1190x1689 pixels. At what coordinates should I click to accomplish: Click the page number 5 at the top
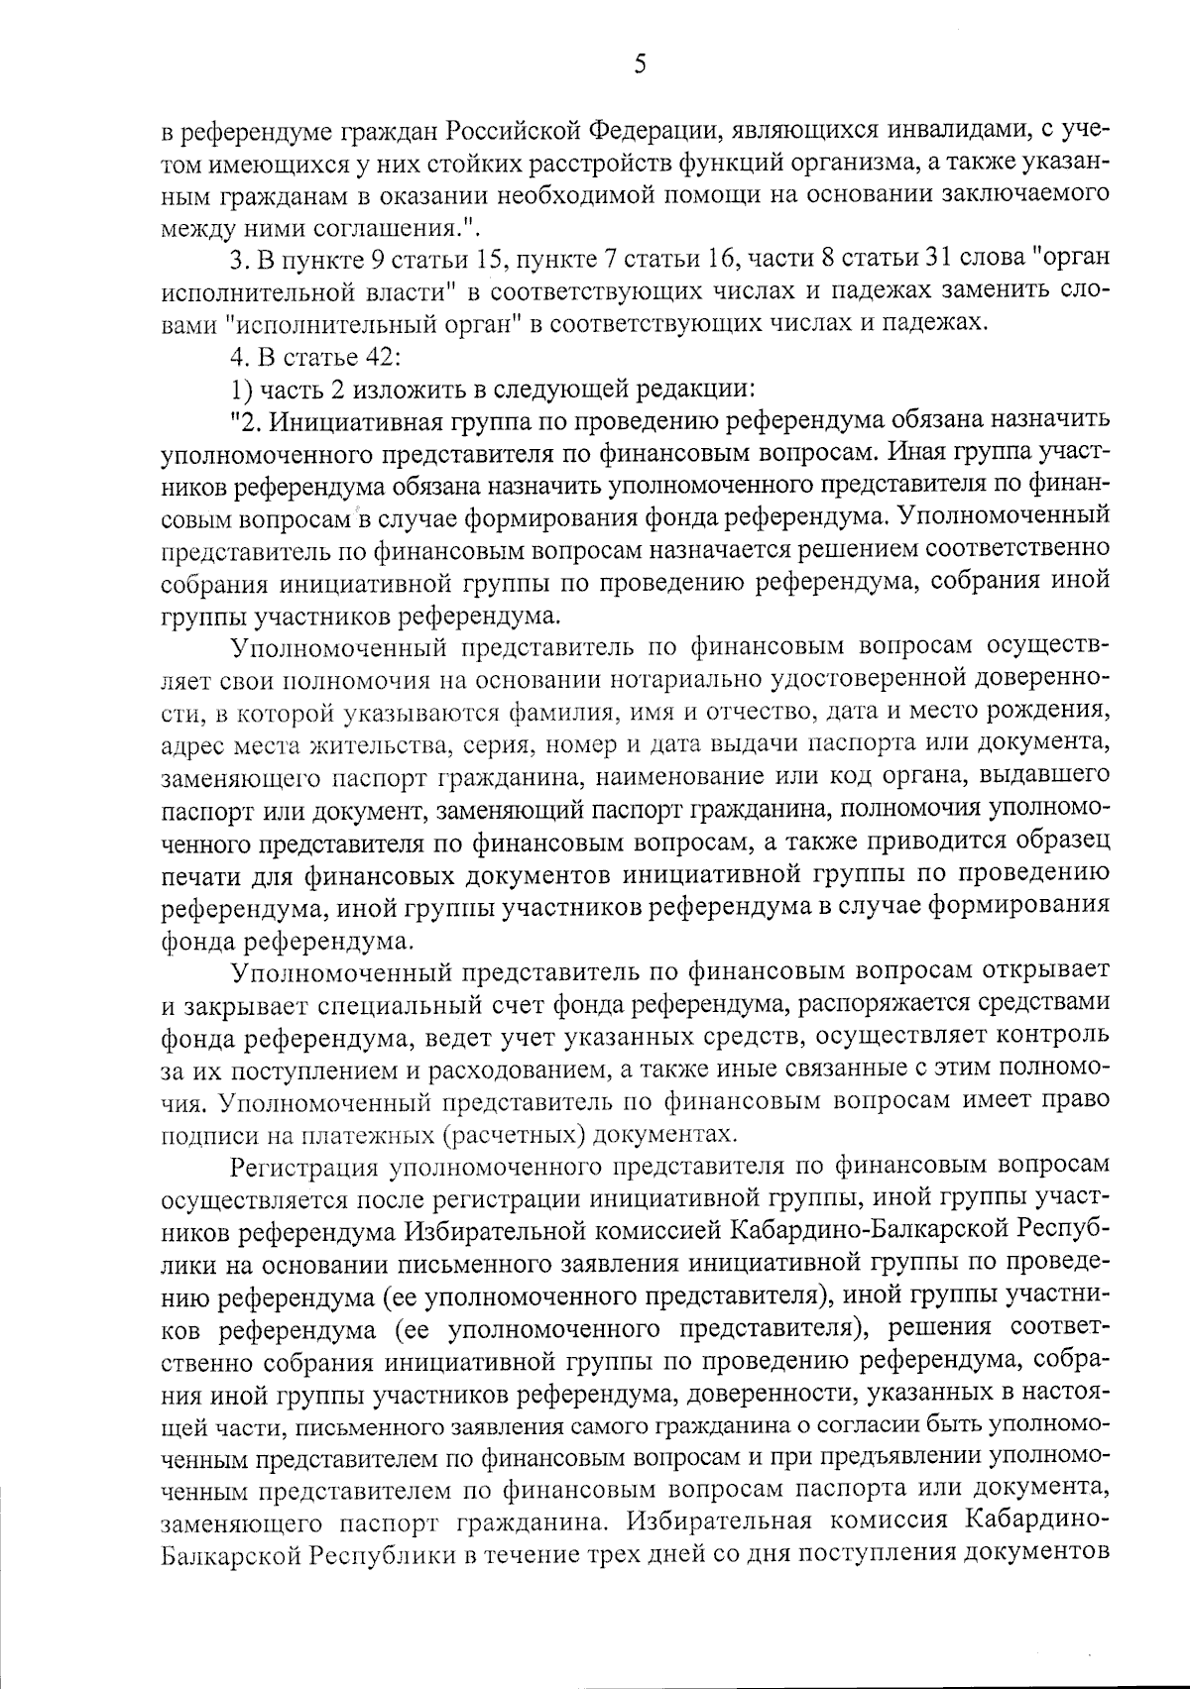coord(639,65)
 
